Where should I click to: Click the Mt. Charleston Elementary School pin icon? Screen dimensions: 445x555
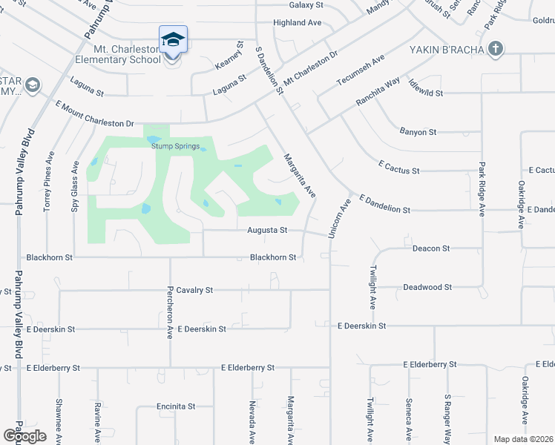point(173,39)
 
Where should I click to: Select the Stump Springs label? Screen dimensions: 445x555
point(174,146)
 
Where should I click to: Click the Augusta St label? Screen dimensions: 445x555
point(267,231)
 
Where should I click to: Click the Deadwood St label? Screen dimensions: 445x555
point(427,287)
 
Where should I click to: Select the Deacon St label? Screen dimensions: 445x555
point(431,249)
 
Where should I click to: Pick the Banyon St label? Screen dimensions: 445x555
point(418,132)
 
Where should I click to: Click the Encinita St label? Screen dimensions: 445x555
point(175,406)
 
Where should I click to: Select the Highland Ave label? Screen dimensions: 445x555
point(297,23)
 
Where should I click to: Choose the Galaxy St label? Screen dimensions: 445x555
point(304,4)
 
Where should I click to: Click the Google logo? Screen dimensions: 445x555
point(24,435)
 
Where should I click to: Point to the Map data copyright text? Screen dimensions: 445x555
point(522,439)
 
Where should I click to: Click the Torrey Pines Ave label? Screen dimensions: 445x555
point(49,181)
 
